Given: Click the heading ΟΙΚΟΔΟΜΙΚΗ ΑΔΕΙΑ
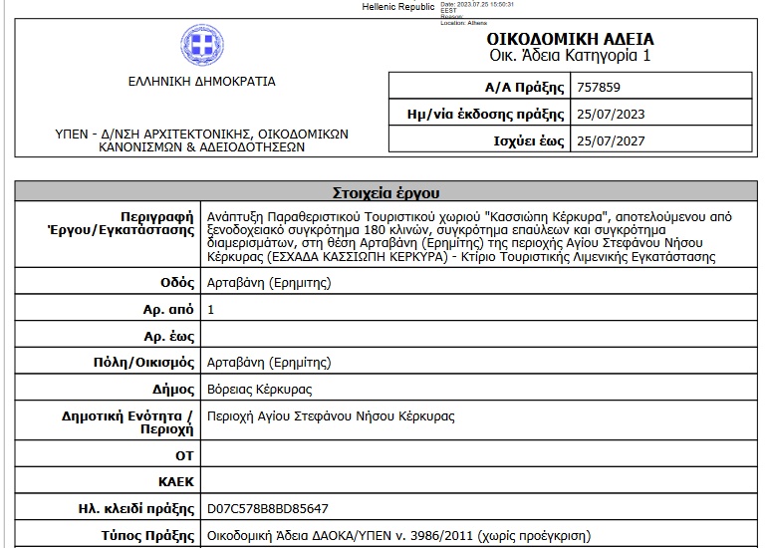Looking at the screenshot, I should (x=571, y=39).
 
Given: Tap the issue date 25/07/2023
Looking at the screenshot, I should (x=611, y=114).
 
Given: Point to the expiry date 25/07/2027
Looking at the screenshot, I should (x=611, y=141).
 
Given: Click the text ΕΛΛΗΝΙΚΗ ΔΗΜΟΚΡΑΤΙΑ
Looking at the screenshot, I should (x=202, y=82).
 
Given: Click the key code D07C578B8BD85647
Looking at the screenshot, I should (x=267, y=509).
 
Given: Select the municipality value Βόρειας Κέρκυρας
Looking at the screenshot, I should (x=259, y=389).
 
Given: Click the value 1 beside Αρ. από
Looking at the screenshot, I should (x=210, y=310).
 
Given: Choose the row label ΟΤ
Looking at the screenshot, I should (x=184, y=454).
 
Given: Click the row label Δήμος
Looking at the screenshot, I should (x=172, y=389).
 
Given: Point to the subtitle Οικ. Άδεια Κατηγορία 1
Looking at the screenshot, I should (x=571, y=56).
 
